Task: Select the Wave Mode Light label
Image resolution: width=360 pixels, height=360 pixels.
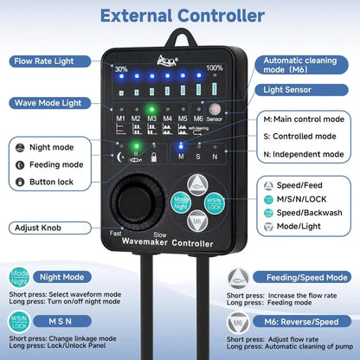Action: coord(47,103)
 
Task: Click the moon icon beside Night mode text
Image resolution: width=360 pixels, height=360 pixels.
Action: coord(19,148)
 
